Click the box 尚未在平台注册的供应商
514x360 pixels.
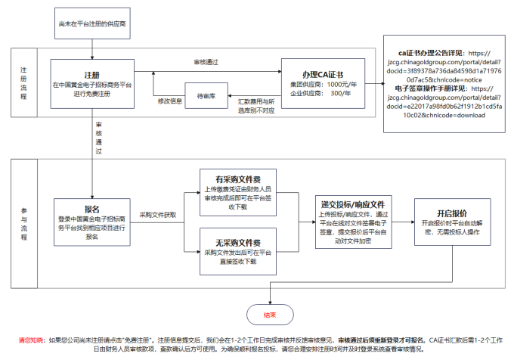tap(92, 26)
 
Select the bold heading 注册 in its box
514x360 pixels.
tap(91, 75)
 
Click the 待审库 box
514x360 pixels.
tap(207, 96)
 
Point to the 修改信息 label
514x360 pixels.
tap(169, 101)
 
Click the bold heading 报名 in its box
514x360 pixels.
tap(92, 209)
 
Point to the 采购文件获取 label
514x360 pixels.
tap(157, 216)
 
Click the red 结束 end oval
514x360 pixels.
tap(269, 314)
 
